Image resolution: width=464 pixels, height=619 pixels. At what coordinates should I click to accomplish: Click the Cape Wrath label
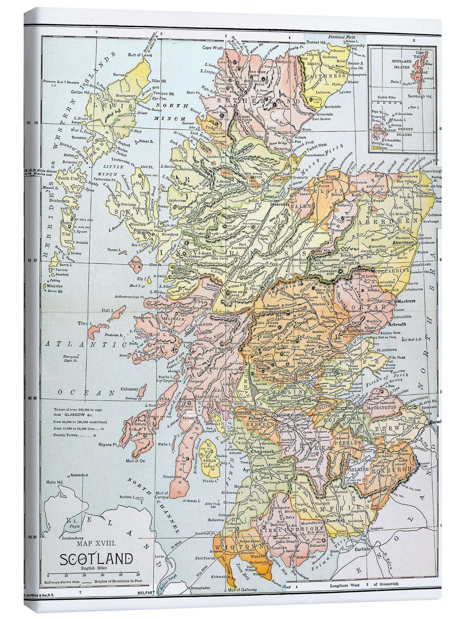[211, 48]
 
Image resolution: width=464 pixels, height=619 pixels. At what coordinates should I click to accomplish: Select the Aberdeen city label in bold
[402, 243]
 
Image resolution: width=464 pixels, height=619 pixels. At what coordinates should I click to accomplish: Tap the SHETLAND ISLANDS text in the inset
[402, 63]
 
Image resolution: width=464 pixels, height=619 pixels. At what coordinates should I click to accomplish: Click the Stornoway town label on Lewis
[125, 96]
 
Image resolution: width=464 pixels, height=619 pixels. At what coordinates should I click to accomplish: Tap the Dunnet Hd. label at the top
[316, 42]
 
